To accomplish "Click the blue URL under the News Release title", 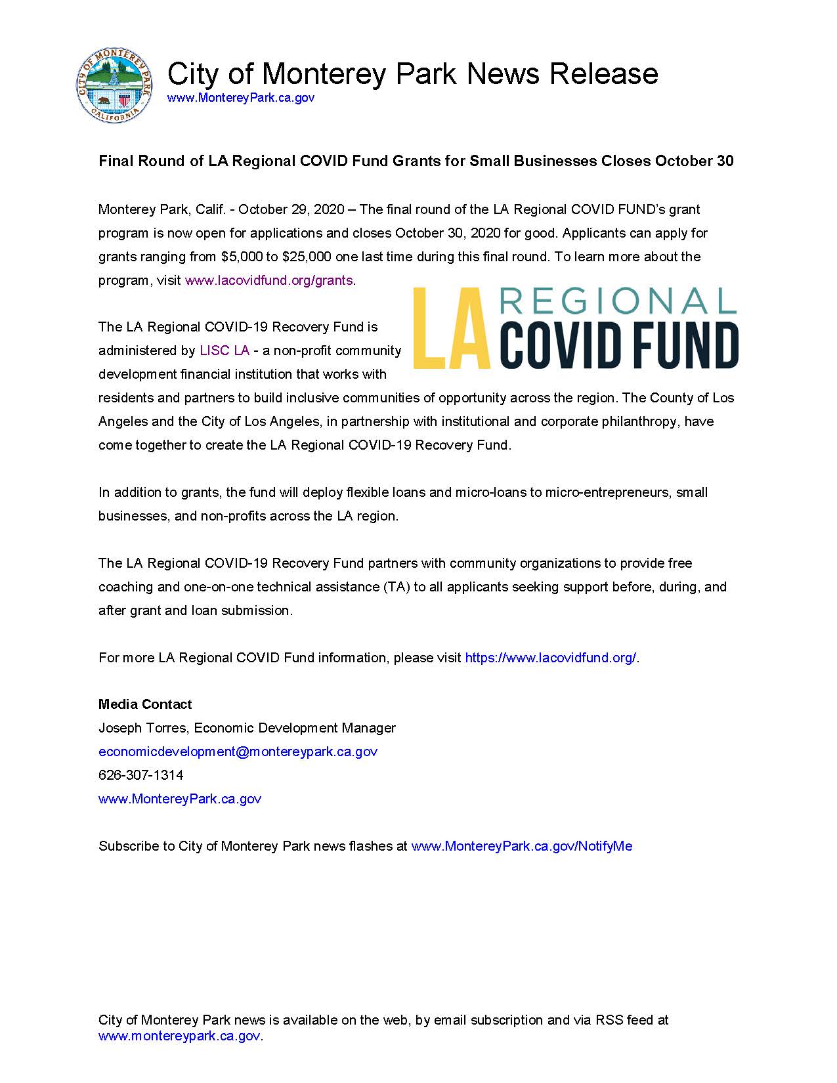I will [240, 98].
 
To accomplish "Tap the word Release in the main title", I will [603, 74].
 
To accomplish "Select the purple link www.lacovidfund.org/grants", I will [268, 280].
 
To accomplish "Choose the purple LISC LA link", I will [225, 350].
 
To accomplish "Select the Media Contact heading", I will [145, 704].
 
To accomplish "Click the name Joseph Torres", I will [142, 728].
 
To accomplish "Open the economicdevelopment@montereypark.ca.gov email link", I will [238, 752].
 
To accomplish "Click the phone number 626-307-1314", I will [141, 775].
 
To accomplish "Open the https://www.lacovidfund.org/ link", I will [550, 658].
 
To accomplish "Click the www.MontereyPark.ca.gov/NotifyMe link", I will [521, 846].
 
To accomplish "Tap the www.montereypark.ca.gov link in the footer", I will [179, 1036].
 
